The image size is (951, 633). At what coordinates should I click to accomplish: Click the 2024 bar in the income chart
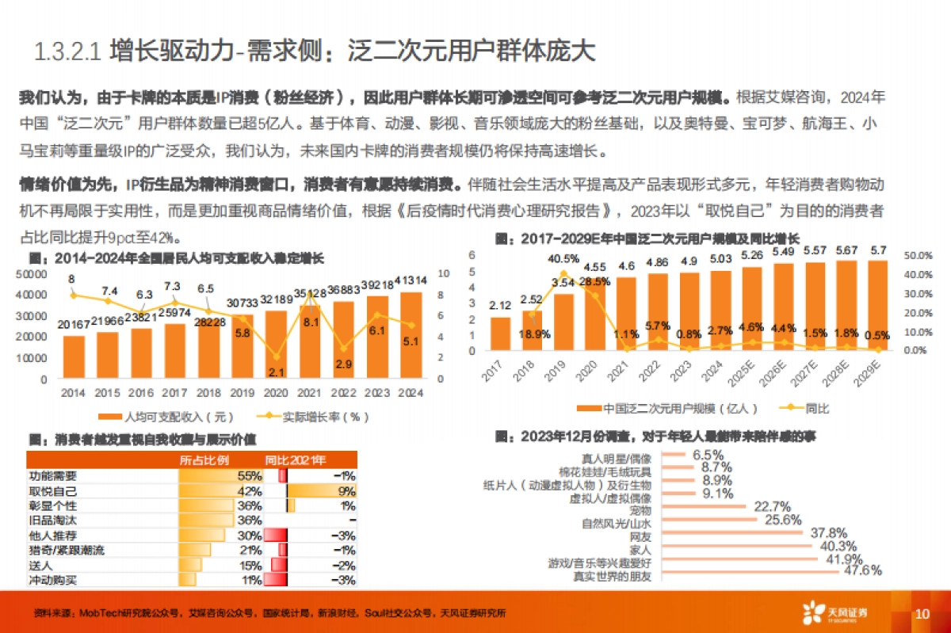coord(411,338)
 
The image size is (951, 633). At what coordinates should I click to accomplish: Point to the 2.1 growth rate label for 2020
coord(276,372)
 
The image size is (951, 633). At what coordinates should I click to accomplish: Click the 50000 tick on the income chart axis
coord(29,273)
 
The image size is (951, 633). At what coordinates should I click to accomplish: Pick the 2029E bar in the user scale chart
coord(877,306)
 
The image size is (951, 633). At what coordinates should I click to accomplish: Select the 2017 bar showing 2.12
coord(500,334)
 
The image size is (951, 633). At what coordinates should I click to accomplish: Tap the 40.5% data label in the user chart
coord(563,259)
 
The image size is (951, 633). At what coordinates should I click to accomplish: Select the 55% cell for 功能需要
coord(250,476)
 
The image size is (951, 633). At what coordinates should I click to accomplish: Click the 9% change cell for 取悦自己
coord(346,491)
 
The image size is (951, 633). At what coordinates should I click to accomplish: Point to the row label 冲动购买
coord(52,580)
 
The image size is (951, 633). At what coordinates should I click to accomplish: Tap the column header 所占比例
coord(204,460)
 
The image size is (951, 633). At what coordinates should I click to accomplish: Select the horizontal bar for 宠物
coord(705,507)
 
